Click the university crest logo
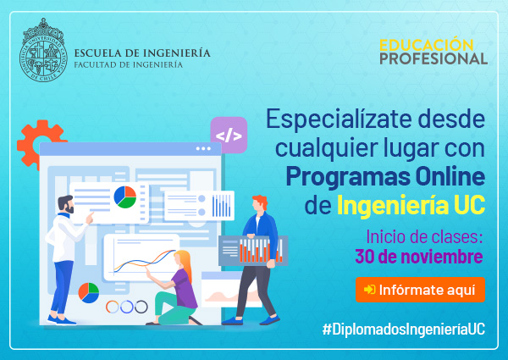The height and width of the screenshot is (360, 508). [43, 50]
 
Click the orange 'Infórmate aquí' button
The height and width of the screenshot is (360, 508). [420, 290]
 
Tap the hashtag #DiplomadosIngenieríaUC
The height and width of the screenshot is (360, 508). [404, 330]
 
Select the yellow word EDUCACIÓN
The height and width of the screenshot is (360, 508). [427, 45]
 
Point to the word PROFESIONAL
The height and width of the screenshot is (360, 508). [433, 59]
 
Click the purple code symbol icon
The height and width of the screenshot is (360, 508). [229, 136]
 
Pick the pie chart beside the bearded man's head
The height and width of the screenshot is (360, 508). [125, 197]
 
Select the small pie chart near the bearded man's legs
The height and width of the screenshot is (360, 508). [88, 293]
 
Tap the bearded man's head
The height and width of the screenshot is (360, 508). [66, 204]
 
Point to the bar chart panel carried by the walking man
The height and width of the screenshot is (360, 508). [253, 251]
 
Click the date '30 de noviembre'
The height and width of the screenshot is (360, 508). [418, 257]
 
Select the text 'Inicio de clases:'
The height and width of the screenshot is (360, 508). [424, 237]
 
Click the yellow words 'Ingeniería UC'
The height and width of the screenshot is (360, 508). [411, 204]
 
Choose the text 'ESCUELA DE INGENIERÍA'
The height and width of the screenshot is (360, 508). [142, 53]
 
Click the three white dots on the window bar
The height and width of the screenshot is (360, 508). [203, 149]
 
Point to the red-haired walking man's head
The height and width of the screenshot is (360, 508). [260, 203]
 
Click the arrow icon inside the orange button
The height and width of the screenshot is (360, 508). [370, 290]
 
